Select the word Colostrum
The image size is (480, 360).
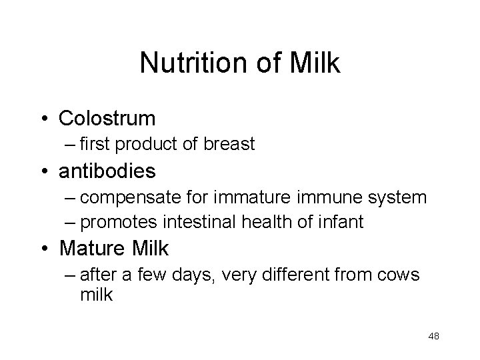[107, 119]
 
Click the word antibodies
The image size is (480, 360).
[107, 171]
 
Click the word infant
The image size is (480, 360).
[342, 221]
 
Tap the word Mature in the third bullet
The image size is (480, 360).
[90, 249]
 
